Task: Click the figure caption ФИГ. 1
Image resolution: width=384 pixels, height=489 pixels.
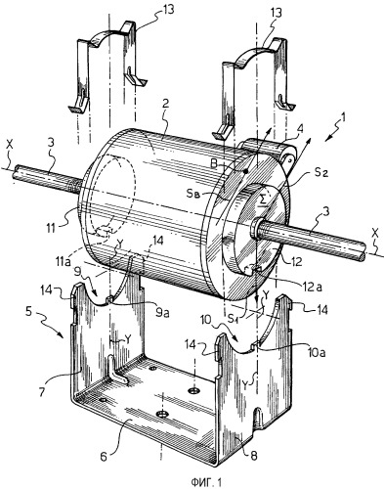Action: tap(206, 481)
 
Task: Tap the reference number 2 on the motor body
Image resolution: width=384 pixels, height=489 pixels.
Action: tap(166, 104)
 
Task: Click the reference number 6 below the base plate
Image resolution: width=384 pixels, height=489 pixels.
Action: tap(103, 457)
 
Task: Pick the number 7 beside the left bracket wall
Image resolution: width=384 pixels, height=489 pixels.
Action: tap(42, 392)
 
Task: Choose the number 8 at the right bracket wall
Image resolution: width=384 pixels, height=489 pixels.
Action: tap(254, 456)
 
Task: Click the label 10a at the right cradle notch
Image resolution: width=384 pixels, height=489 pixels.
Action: tap(317, 352)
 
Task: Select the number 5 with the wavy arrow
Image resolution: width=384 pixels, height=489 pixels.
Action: tap(28, 312)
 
